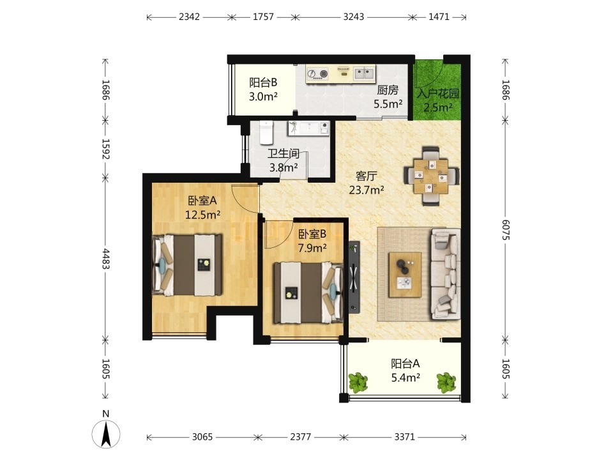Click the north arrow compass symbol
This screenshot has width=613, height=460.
(x=106, y=432)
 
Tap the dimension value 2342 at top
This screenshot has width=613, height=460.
(x=189, y=17)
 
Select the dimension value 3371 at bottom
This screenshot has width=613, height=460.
(x=404, y=437)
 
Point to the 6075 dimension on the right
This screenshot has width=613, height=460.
(x=506, y=229)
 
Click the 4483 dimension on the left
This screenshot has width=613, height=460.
(x=105, y=259)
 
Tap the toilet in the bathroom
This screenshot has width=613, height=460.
(x=266, y=132)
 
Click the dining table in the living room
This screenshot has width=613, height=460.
(x=431, y=176)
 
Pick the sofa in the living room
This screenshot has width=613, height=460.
(x=445, y=274)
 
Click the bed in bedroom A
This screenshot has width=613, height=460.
(x=188, y=264)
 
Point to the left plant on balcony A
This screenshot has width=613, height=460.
(x=358, y=382)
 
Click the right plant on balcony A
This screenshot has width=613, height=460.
(x=446, y=382)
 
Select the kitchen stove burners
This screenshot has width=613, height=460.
(x=317, y=73)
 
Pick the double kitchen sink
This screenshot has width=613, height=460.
(x=364, y=73)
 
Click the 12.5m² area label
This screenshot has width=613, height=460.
(x=202, y=215)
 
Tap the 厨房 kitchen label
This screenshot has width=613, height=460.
(x=388, y=90)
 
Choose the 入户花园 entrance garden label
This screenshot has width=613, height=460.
(x=437, y=94)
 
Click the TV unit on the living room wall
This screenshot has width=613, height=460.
(x=354, y=276)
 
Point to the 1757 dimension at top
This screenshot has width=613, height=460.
(x=263, y=17)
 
